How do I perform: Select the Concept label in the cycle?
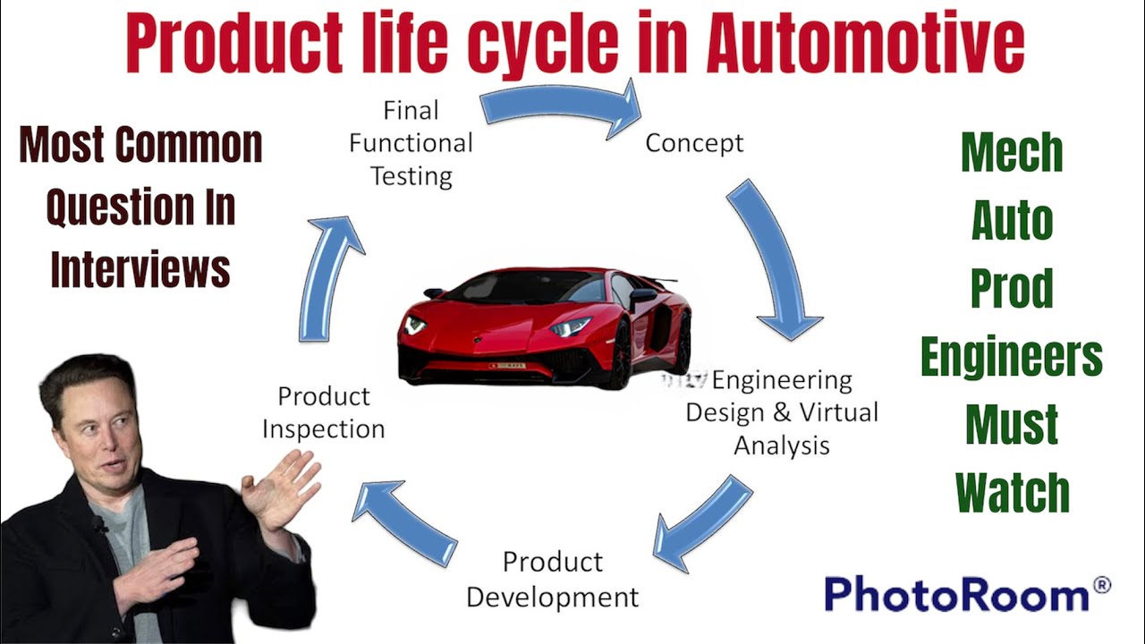[x=694, y=142]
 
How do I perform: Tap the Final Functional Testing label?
[x=411, y=142]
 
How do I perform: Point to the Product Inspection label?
[x=323, y=411]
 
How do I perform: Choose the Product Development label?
[x=553, y=579]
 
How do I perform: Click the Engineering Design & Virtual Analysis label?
[x=782, y=412]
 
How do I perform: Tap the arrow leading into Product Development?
[x=703, y=521]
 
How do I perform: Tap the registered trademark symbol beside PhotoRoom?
[x=1101, y=586]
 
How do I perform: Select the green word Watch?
[x=1012, y=493]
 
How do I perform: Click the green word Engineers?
[x=1011, y=358]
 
